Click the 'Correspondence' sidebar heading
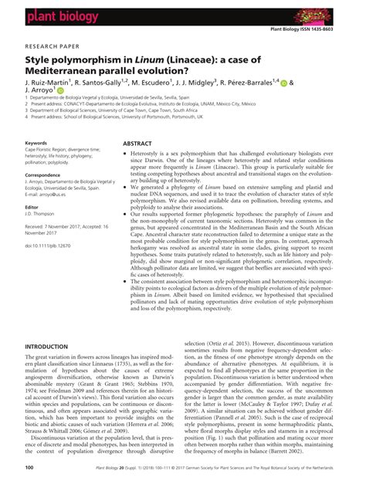click(46, 177)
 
